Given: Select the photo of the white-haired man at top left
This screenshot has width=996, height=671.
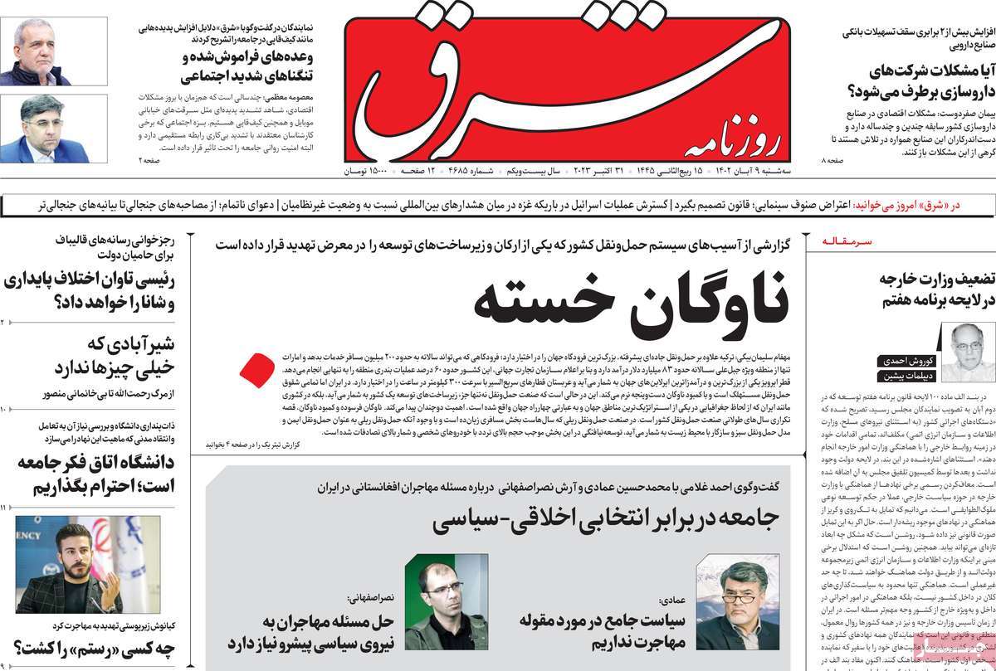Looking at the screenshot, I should tap(53, 51).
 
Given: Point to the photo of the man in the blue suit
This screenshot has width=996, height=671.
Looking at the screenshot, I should tap(53, 129).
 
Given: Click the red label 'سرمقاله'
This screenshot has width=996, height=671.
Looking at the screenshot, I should tap(847, 241).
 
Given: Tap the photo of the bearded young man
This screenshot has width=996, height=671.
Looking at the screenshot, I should tap(69, 564).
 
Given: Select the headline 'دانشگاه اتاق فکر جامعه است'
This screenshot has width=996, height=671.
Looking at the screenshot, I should tap(100, 474).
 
